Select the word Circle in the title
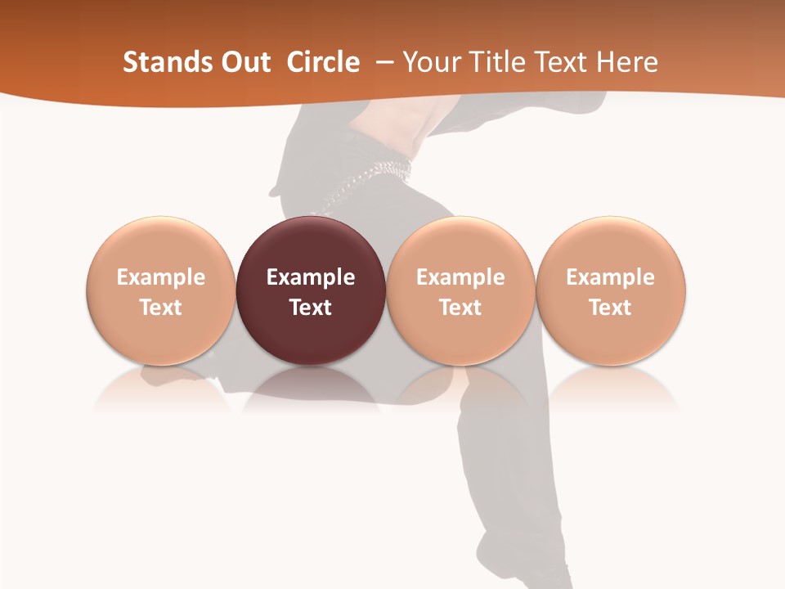coord(323,62)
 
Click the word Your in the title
coord(429,62)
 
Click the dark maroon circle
coord(311,245)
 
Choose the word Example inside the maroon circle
coord(311,277)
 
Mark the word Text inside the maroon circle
coord(311,308)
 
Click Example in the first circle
coord(161,277)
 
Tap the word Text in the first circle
coord(161,308)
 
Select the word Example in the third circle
coord(460,277)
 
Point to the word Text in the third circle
coord(460,308)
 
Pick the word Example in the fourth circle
coord(610,277)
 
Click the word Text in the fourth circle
coord(610,308)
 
